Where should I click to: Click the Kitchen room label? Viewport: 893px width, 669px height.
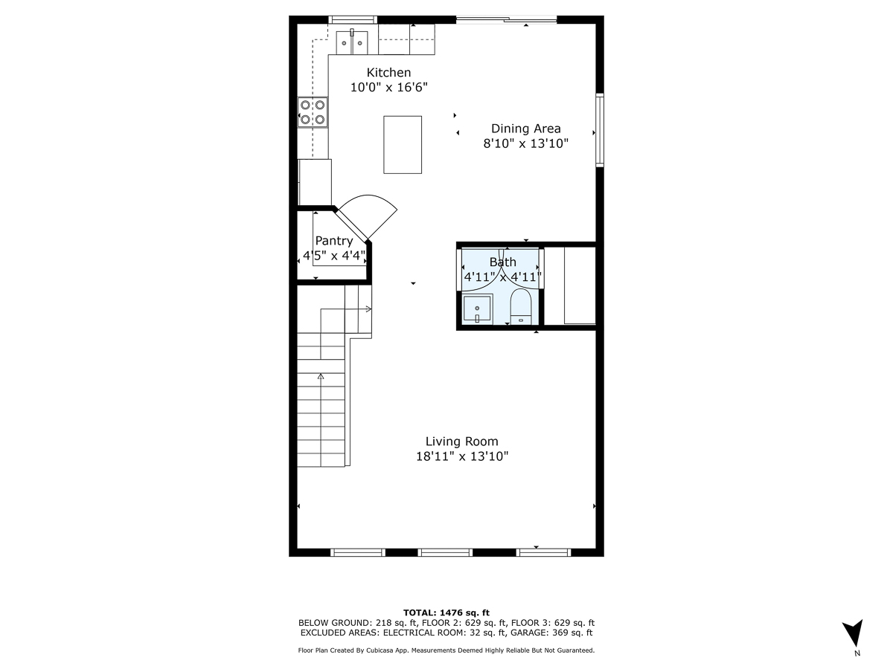pyautogui.click(x=388, y=72)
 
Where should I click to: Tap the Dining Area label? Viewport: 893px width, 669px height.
pyautogui.click(x=525, y=129)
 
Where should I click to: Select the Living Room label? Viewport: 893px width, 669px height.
pyautogui.click(x=461, y=442)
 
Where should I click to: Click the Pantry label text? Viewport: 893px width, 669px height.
pyautogui.click(x=333, y=241)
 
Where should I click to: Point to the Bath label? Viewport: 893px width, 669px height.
pyautogui.click(x=502, y=262)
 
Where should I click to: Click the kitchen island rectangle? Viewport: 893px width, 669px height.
pyautogui.click(x=403, y=144)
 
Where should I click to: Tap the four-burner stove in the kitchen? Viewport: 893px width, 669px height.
pyautogui.click(x=313, y=112)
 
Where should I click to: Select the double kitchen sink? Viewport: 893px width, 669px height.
pyautogui.click(x=353, y=43)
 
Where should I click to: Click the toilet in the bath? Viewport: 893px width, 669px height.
pyautogui.click(x=520, y=307)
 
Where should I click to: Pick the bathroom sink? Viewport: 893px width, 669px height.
pyautogui.click(x=477, y=308)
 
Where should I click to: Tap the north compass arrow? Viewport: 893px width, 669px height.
pyautogui.click(x=856, y=633)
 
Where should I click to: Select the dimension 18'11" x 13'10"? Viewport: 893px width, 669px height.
pyautogui.click(x=461, y=456)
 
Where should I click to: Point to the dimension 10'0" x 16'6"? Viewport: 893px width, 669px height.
pyautogui.click(x=388, y=87)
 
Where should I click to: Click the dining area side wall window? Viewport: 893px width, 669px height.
pyautogui.click(x=599, y=130)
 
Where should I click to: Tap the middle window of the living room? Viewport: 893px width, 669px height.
pyautogui.click(x=445, y=552)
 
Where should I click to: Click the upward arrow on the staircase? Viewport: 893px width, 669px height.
pyautogui.click(x=321, y=377)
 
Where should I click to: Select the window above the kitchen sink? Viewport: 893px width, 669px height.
pyautogui.click(x=353, y=19)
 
